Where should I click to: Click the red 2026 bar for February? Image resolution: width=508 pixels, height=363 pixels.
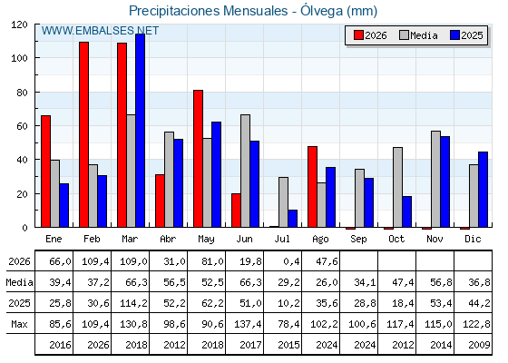[83, 134]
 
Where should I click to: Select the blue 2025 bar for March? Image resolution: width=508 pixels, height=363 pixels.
[141, 131]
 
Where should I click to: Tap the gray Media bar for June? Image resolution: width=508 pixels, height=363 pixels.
[245, 171]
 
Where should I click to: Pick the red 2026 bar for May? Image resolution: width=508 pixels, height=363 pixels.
[199, 159]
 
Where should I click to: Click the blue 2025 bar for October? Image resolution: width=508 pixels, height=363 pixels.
[407, 211]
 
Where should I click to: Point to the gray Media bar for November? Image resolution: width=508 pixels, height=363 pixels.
[435, 180]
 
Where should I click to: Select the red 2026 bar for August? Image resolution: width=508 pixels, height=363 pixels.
[313, 187]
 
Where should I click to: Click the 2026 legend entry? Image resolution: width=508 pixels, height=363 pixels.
[370, 35]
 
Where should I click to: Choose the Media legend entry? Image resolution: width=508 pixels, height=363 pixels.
[418, 35]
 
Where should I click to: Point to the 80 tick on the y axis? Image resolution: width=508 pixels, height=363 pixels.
[22, 92]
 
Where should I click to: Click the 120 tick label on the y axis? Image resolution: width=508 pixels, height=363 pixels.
[19, 25]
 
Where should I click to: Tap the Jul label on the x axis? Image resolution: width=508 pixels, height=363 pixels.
[282, 239]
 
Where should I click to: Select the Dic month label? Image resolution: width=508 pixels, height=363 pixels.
[473, 239]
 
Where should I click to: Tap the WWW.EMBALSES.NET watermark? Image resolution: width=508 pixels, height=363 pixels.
[100, 31]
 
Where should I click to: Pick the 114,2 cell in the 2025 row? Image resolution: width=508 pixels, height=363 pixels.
[134, 303]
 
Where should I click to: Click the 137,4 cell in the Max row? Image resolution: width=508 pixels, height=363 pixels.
[248, 324]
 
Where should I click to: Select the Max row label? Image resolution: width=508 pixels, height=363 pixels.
[19, 324]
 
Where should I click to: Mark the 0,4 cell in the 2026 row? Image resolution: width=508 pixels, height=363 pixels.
[291, 261]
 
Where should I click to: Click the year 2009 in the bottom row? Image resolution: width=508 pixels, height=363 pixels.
[479, 345]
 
